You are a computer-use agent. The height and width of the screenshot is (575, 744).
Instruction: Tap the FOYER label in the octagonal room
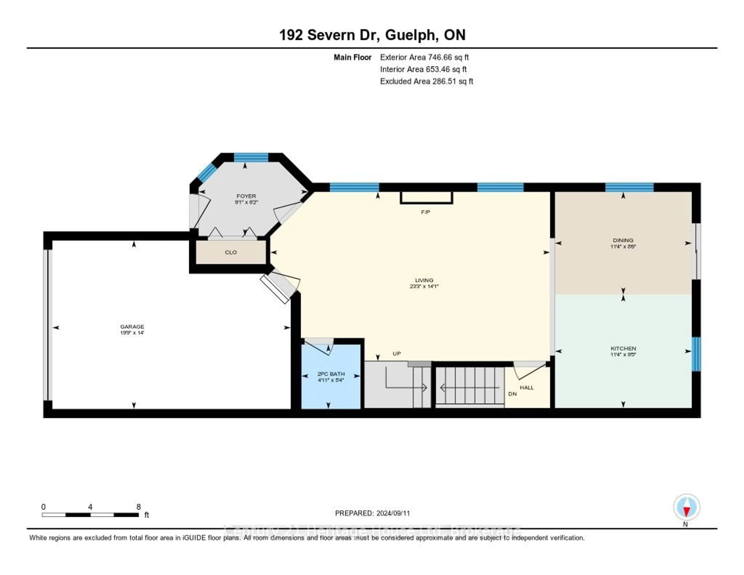246,196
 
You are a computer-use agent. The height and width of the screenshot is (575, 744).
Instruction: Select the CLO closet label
231,252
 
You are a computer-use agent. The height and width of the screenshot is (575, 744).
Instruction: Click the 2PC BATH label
331,374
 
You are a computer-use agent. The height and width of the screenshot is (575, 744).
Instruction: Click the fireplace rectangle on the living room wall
426,198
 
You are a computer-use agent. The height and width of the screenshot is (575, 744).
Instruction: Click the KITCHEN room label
623,348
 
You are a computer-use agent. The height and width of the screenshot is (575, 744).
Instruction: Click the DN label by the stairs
512,394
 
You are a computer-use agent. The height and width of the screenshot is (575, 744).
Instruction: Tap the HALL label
527,388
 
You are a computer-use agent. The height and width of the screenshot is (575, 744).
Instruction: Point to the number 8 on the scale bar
138,507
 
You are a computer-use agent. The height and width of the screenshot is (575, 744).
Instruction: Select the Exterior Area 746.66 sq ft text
424,57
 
